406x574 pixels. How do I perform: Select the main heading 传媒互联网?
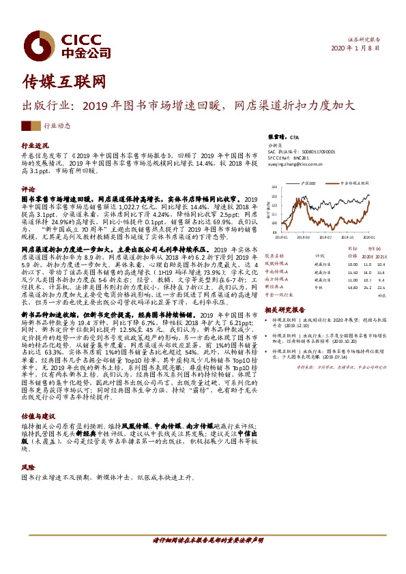(65, 82)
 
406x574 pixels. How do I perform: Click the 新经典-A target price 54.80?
(353, 288)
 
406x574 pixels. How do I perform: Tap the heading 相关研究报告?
(285, 309)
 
